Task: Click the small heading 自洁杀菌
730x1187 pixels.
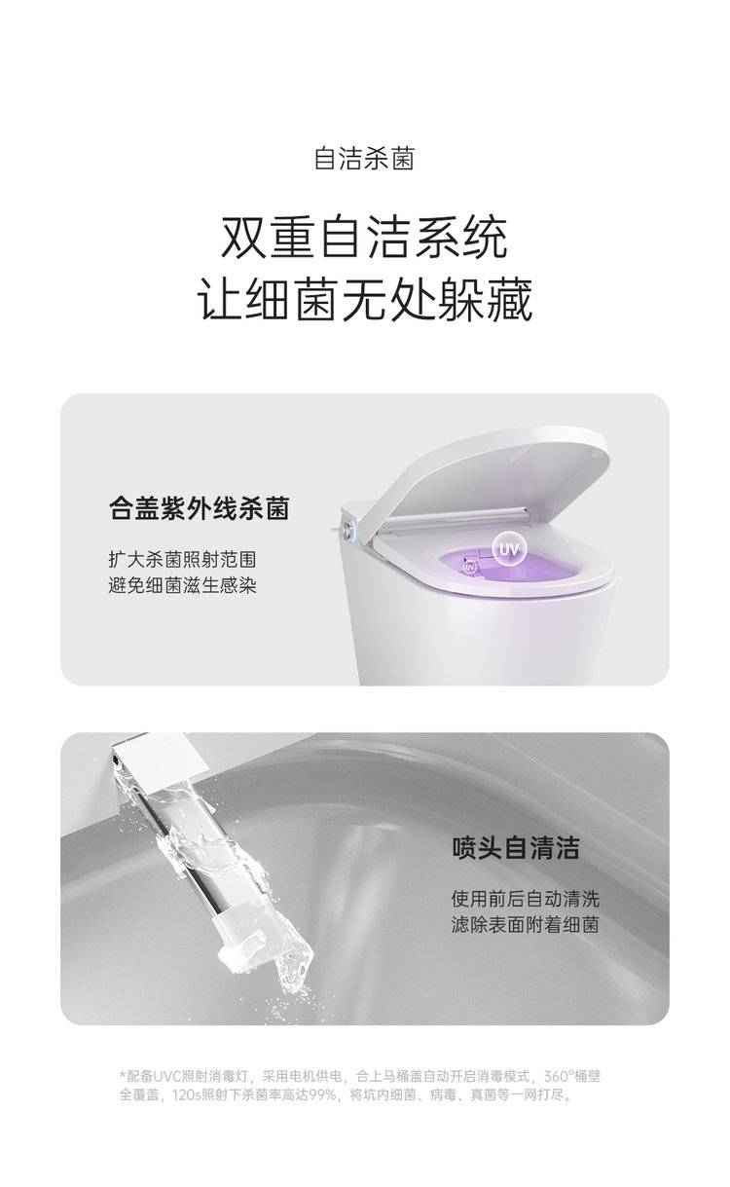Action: [x=364, y=159]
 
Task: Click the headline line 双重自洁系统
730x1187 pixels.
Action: [x=364, y=239]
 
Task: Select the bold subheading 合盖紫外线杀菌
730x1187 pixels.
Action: [x=200, y=508]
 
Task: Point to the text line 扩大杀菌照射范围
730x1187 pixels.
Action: [x=182, y=559]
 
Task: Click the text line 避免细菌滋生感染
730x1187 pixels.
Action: [x=182, y=585]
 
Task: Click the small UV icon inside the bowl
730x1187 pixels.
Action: [x=469, y=567]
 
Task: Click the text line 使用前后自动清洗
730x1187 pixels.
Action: [x=525, y=899]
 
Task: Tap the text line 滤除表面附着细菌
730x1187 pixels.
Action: [x=525, y=925]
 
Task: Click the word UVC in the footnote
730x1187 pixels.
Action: [x=166, y=1076]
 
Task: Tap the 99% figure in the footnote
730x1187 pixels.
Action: [x=322, y=1094]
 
